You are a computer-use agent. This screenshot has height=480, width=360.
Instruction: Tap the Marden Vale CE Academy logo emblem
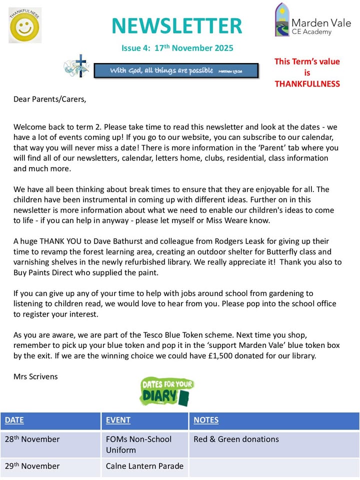pyautogui.click(x=282, y=20)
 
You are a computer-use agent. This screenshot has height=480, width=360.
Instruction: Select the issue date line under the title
pyautogui.click(x=177, y=48)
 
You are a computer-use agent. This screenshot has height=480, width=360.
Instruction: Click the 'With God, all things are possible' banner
pyautogui.click(x=176, y=70)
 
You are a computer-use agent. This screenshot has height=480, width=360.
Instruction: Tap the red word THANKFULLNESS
pyautogui.click(x=307, y=83)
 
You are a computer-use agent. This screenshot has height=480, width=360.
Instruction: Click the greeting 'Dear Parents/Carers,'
pyautogui.click(x=49, y=99)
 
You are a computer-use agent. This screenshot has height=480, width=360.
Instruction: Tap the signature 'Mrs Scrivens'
pyautogui.click(x=35, y=376)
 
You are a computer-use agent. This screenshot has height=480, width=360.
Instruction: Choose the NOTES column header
pyautogui.click(x=205, y=420)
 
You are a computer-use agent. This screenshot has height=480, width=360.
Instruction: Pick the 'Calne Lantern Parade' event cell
pyautogui.click(x=144, y=466)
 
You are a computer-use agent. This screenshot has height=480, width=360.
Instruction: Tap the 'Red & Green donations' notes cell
pyautogui.click(x=236, y=439)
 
